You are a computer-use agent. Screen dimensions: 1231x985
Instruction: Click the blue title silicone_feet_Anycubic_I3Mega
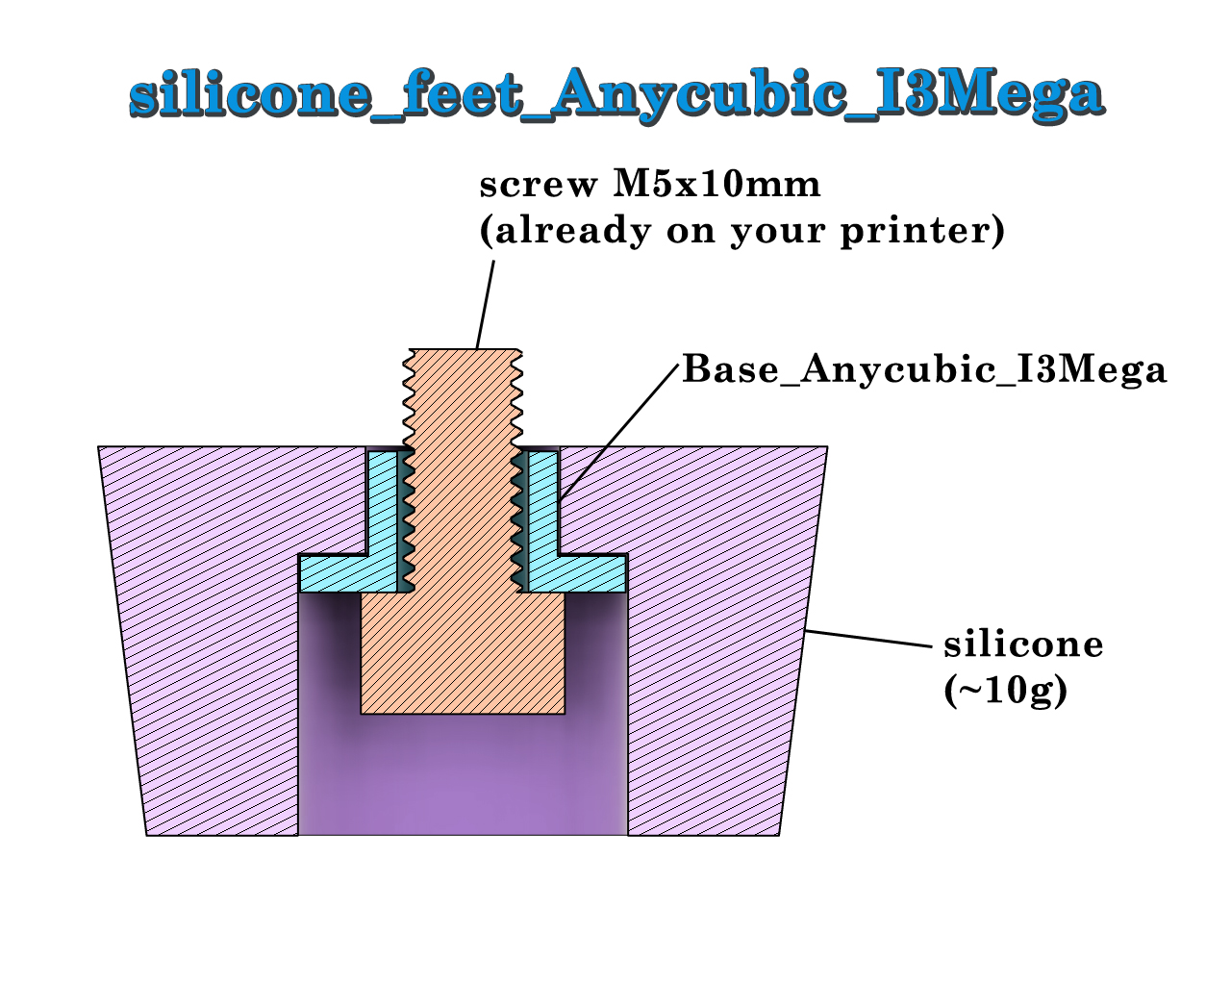(x=616, y=94)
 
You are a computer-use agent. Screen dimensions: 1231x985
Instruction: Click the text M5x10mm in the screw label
(x=716, y=185)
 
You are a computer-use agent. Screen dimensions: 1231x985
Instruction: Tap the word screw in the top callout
(x=539, y=187)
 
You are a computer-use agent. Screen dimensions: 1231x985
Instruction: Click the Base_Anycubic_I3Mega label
(x=924, y=370)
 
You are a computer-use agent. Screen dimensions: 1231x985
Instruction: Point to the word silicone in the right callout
(x=1023, y=644)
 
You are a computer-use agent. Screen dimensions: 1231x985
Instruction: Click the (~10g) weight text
(x=1006, y=691)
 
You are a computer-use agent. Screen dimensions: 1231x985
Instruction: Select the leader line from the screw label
(x=485, y=305)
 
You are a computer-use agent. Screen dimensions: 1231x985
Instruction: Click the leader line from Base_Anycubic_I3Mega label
(x=619, y=432)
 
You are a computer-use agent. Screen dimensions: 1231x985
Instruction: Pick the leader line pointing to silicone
(x=868, y=639)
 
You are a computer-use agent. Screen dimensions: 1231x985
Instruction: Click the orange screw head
(x=463, y=653)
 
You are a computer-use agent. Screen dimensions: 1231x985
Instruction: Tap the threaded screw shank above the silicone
(x=463, y=398)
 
